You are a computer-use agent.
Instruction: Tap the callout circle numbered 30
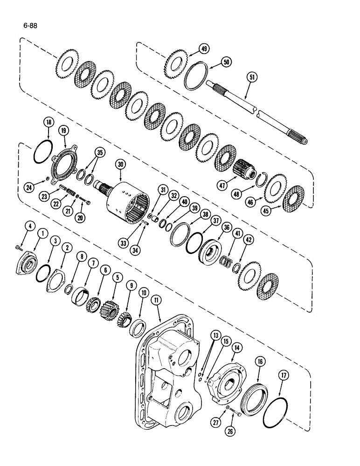coord(121,164)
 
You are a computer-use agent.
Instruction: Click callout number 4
coord(29,227)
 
